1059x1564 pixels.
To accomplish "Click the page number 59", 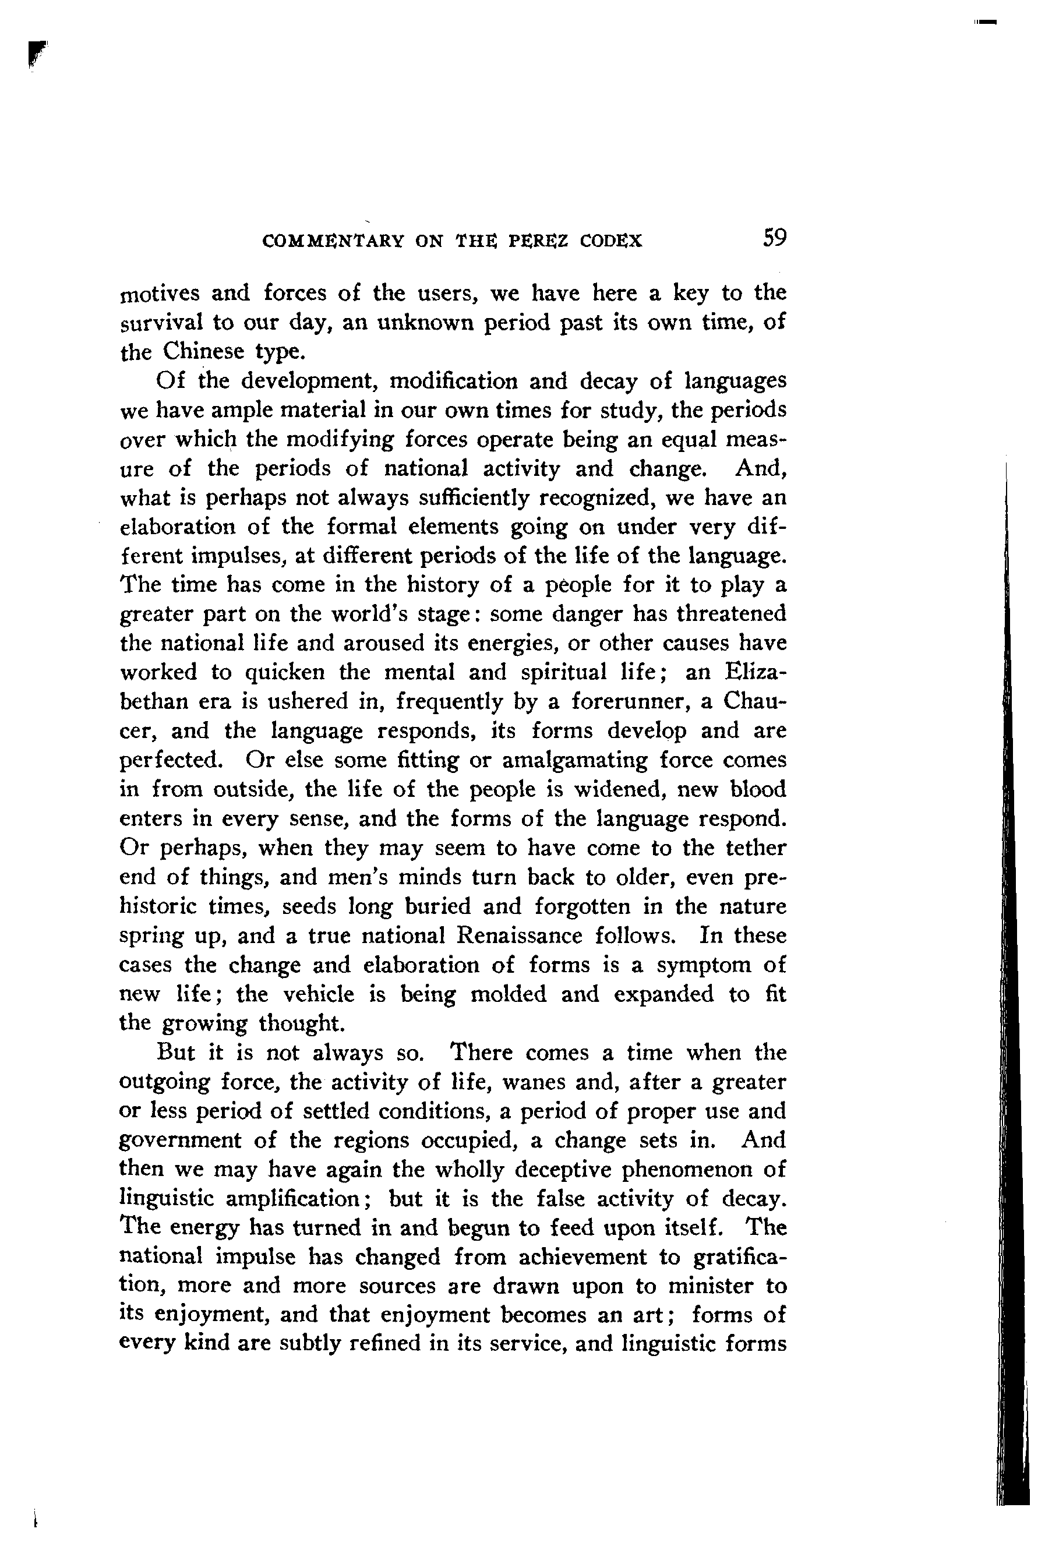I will click(x=774, y=238).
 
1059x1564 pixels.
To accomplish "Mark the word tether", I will click(x=752, y=848).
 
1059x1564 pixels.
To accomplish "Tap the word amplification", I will click(x=294, y=1199).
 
